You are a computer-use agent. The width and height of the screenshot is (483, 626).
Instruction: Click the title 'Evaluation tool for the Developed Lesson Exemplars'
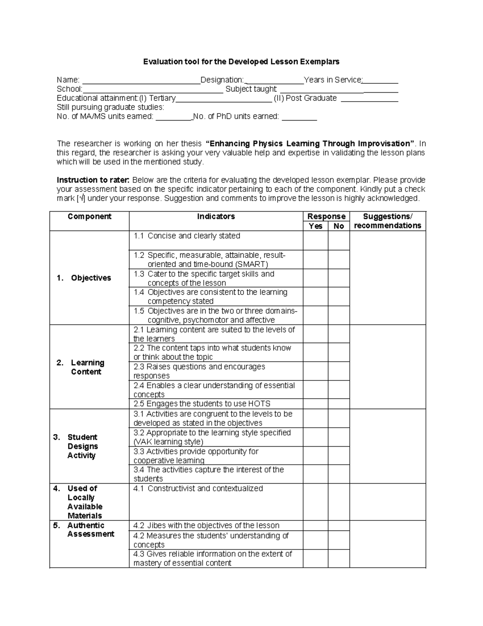coord(242,62)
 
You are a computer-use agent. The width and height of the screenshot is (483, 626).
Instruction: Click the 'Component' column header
coord(89,216)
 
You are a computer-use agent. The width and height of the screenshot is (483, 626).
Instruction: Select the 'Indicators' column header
coord(216,216)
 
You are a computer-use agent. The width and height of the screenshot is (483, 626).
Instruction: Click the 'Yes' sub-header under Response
coord(315,226)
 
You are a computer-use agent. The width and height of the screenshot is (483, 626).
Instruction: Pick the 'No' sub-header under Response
coord(339,226)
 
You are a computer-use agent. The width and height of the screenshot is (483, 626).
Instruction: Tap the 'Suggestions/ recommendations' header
coord(387,221)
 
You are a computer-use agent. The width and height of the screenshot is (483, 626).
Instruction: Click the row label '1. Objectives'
coord(84,278)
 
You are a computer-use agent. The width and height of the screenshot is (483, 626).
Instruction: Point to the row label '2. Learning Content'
coord(81,367)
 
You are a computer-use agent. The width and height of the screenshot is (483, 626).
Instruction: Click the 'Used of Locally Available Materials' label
coord(85,502)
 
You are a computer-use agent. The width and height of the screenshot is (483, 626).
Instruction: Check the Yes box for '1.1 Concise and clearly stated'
coord(315,240)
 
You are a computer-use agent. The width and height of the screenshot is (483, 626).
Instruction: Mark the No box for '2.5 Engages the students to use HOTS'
coord(339,404)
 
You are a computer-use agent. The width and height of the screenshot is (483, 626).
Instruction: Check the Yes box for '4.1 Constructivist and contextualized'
coord(315,502)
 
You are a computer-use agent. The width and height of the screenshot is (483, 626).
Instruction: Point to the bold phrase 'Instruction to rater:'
coord(93,180)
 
